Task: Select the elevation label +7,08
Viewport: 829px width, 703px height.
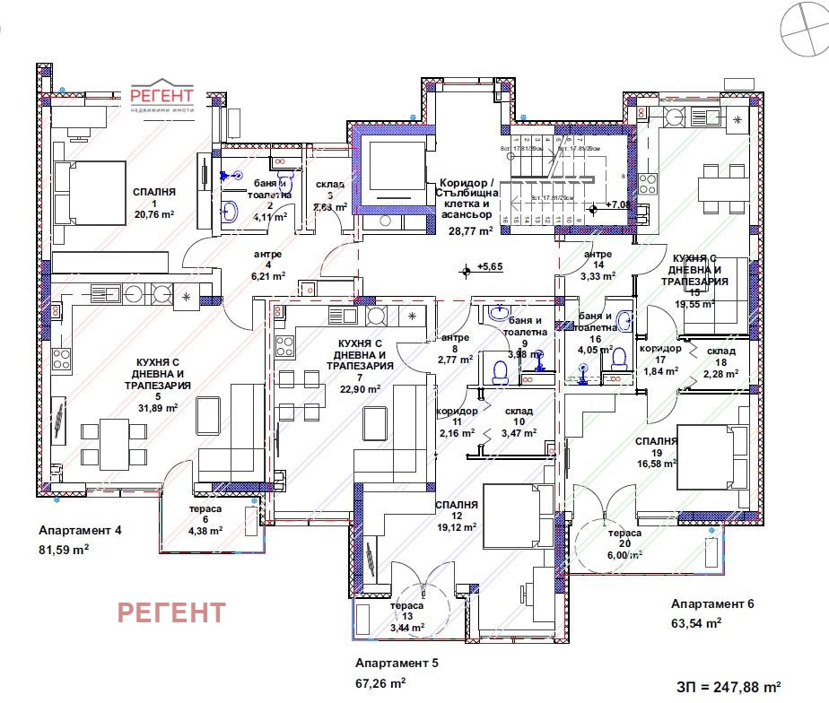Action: [617, 204]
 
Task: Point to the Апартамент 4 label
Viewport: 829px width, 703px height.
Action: [80, 531]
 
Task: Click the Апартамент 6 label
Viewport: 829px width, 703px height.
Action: [712, 603]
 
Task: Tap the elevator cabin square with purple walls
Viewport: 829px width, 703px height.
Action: [390, 170]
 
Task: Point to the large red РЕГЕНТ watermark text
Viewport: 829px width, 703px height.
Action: [172, 612]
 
